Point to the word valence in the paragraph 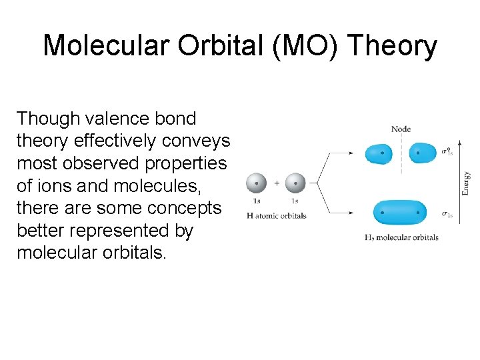click(x=134, y=119)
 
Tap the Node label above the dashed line click(x=401, y=129)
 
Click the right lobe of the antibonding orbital click(x=421, y=153)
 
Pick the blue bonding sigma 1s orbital click(x=400, y=213)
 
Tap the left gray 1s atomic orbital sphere click(x=257, y=183)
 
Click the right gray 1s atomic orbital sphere click(x=295, y=183)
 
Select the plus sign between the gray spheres click(x=276, y=183)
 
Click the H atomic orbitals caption click(x=276, y=215)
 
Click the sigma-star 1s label click(x=447, y=152)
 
